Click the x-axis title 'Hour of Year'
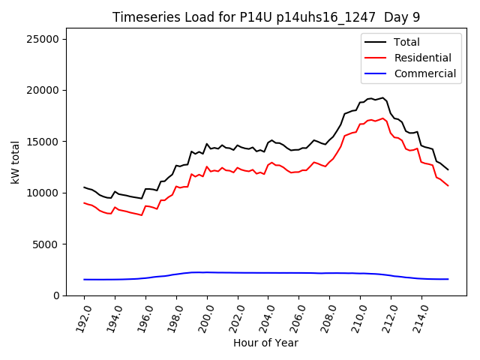coord(265,343)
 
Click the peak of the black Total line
coord(382,97)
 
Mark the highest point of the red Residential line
coord(382,118)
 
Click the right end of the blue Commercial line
coord(448,279)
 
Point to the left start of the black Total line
coord(84,187)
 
